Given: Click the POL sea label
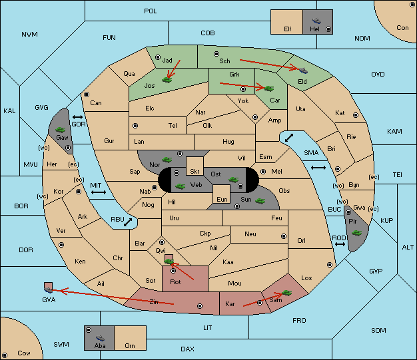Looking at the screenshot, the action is point(151,11).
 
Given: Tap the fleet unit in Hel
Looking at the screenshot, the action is point(316,21).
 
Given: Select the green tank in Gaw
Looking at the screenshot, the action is point(61,129).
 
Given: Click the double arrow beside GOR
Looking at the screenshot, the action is point(78,117).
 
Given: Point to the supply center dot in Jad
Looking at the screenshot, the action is point(158,57).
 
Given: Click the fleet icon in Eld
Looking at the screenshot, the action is point(303,70).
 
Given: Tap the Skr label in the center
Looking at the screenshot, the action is point(195,172).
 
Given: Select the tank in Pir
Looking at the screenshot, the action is point(356,233).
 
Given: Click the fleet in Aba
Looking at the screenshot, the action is point(100,337).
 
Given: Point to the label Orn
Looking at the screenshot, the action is point(130,345).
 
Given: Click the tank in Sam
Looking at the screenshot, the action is point(286,293).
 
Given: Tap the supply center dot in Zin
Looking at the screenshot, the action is point(200,306).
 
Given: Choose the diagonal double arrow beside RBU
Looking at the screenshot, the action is point(128,222).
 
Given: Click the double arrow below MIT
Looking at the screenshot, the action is point(99,192).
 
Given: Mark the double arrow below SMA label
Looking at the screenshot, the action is point(318,168).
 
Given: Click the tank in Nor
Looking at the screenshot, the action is point(167,160).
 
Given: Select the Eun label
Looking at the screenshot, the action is point(222,199).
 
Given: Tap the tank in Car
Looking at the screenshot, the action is point(268,89).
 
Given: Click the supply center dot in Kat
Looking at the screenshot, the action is point(356,115).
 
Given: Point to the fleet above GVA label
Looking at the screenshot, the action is point(49,290).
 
